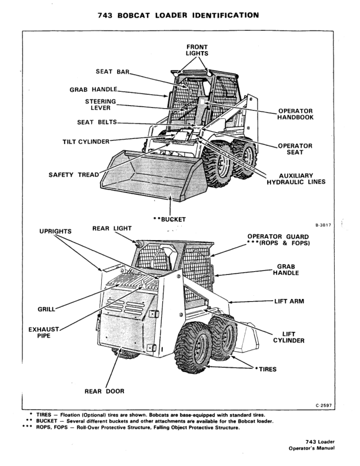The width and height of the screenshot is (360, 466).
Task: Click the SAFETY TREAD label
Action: pos(74,175)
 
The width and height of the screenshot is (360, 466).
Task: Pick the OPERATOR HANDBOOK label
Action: pos(295,114)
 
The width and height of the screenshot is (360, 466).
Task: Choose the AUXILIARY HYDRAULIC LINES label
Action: pos(295,178)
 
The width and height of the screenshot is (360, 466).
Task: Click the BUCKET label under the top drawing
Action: pos(169,219)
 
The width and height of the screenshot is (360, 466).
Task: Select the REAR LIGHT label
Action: pos(112,228)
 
